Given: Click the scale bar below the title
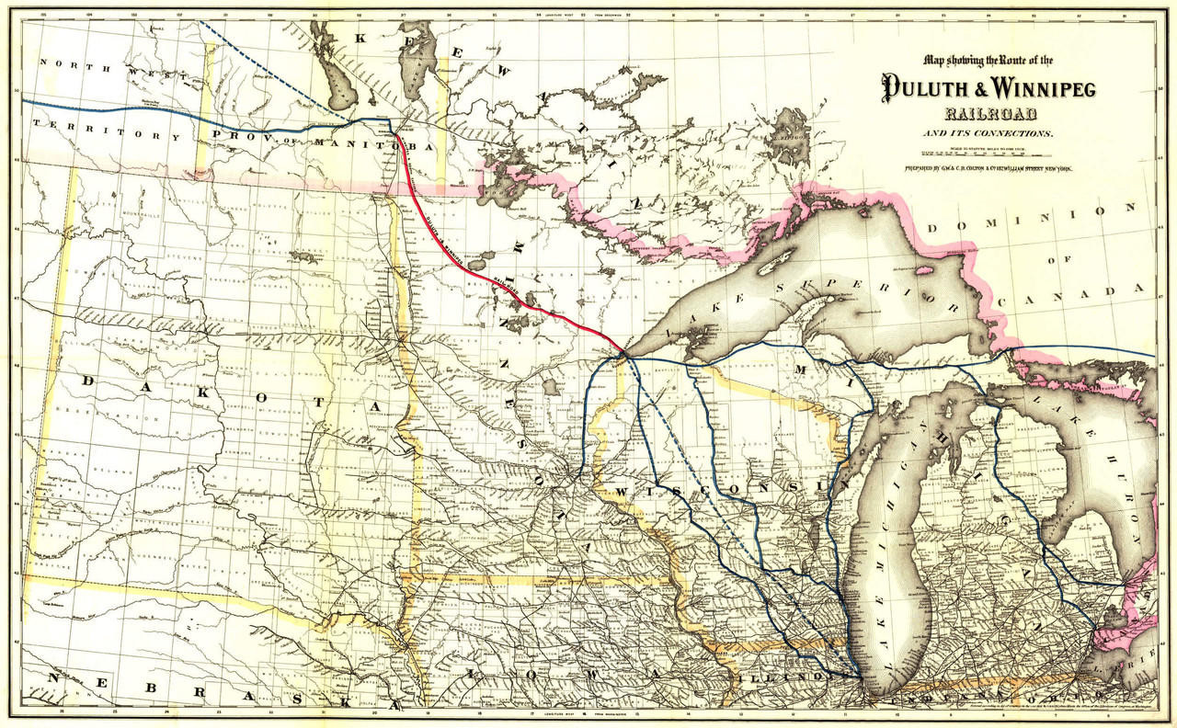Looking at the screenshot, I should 972,155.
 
